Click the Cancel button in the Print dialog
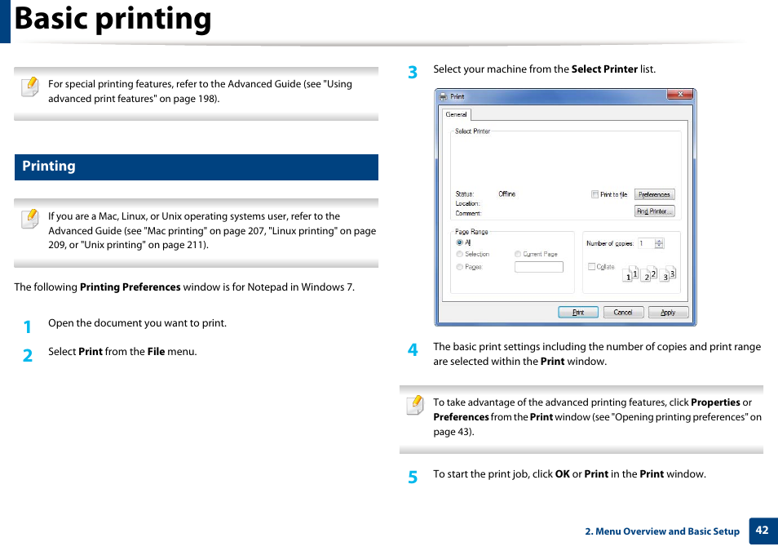pyautogui.click(x=623, y=312)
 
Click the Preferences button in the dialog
pyautogui.click(x=654, y=194)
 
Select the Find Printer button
pyautogui.click(x=654, y=211)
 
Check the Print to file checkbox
pyautogui.click(x=595, y=194)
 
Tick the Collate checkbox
pyautogui.click(x=591, y=267)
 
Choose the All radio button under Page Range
pyautogui.click(x=459, y=242)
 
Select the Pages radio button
pyautogui.click(x=459, y=267)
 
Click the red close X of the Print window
pyautogui.click(x=679, y=95)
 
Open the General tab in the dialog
pyautogui.click(x=457, y=114)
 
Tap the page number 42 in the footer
pyautogui.click(x=762, y=530)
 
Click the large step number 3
pyautogui.click(x=413, y=72)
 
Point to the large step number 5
pyautogui.click(x=413, y=477)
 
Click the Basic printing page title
pyautogui.click(x=113, y=19)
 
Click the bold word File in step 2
pyautogui.click(x=156, y=352)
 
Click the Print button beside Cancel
pyautogui.click(x=577, y=312)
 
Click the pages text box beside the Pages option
pyautogui.click(x=538, y=267)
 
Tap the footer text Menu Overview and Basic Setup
pyautogui.click(x=662, y=531)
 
